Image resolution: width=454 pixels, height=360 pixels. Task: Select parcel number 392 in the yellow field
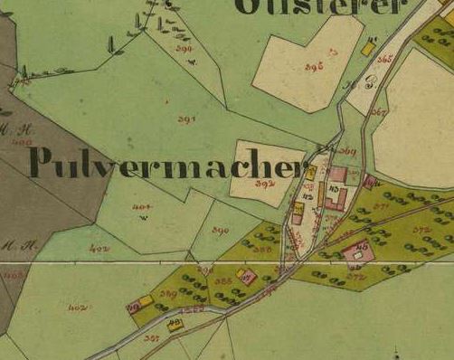pos(264,184)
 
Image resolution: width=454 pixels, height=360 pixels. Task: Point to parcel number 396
pos(314,67)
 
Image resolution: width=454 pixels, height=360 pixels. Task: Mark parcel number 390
pos(221,231)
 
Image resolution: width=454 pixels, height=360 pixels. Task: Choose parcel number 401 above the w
pos(141,208)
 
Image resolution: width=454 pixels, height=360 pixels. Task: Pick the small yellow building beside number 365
pos(368,48)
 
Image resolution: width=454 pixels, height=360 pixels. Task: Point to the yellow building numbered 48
pos(175,324)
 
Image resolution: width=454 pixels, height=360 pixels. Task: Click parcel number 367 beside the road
pos(378,113)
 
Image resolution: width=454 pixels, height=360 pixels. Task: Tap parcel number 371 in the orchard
pos(380,207)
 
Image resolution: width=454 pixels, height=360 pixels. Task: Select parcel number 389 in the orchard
pos(168,293)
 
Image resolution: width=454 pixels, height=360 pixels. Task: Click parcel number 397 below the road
pos(151,338)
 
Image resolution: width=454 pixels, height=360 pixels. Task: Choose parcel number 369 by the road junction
pos(348,152)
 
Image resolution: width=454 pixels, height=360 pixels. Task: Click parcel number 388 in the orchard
pos(263,250)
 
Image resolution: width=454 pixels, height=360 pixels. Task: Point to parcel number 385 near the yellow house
pos(224,281)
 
